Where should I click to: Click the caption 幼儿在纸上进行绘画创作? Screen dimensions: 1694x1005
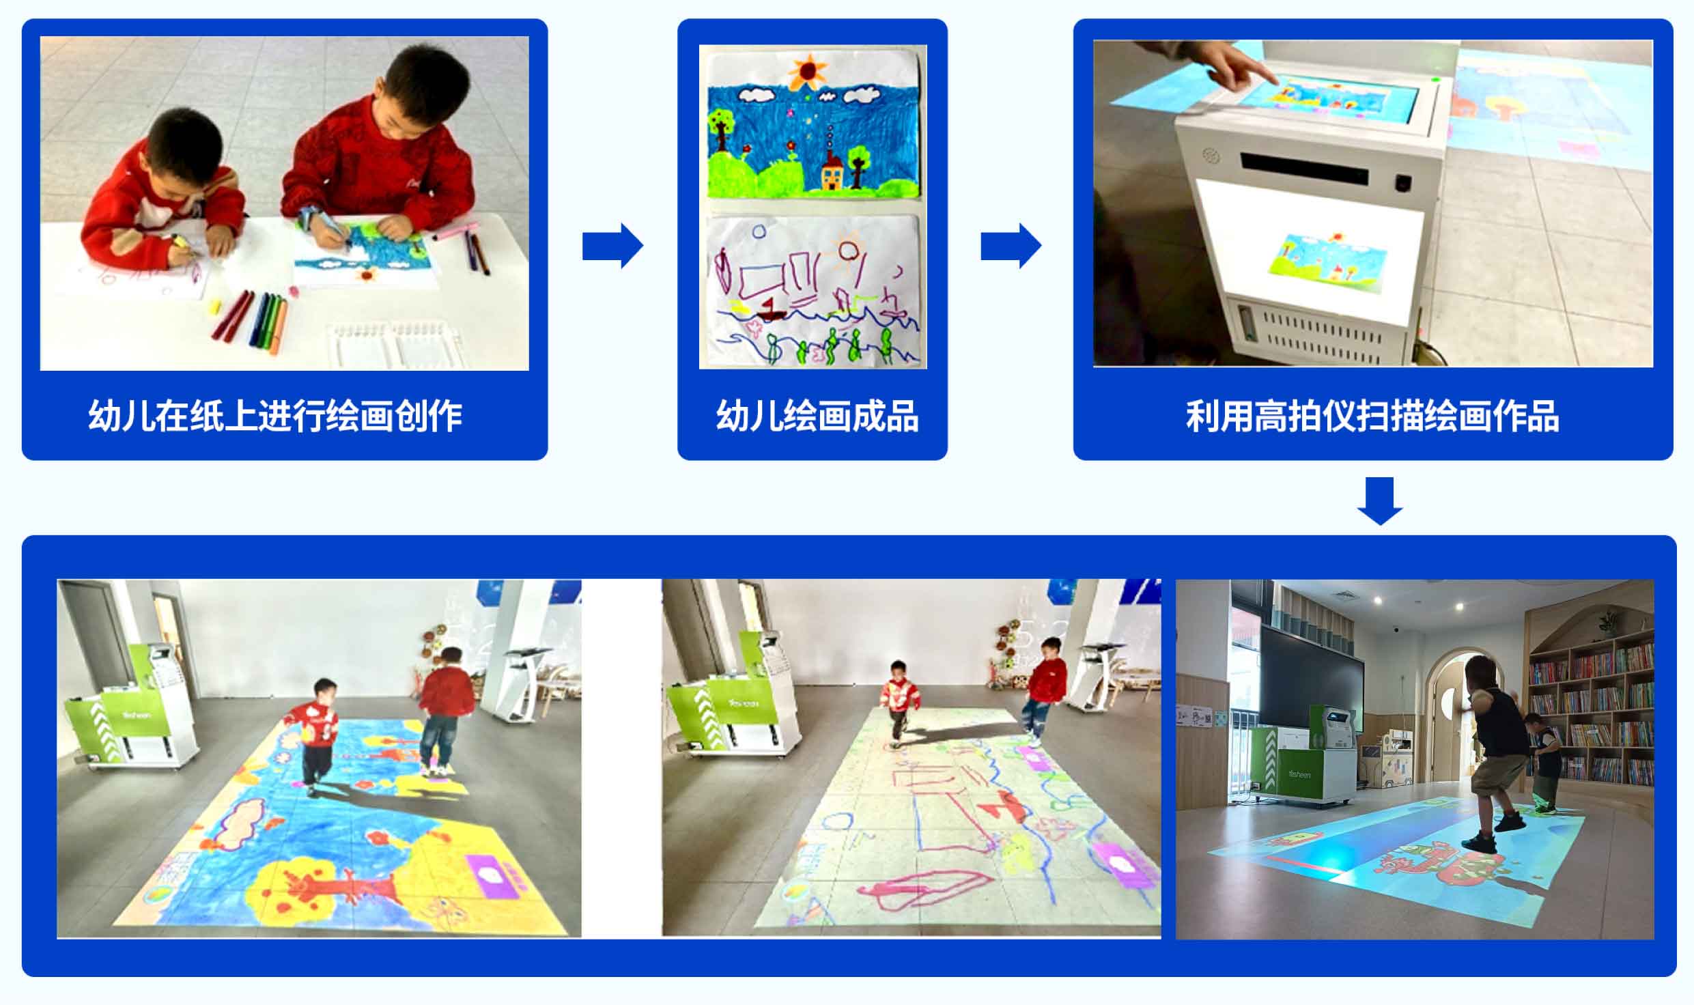pos(275,415)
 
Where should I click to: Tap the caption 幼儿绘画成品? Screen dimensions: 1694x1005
pos(817,415)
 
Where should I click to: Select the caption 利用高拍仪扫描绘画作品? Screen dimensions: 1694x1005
pos(1372,415)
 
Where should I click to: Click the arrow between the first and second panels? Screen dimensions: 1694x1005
pos(612,245)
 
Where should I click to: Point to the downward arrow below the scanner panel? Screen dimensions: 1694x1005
pos(1380,501)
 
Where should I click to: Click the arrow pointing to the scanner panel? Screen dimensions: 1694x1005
pos(1011,245)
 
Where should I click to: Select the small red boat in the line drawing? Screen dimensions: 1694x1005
pos(770,311)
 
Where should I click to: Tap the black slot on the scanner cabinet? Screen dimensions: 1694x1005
pos(1305,169)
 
